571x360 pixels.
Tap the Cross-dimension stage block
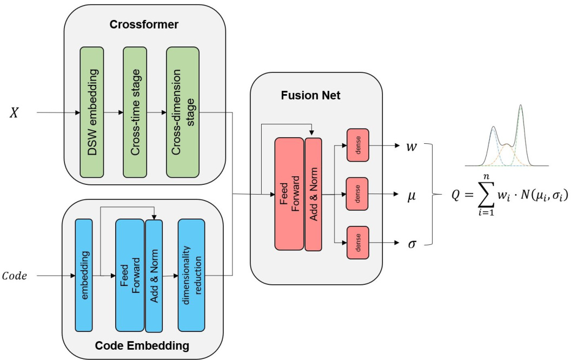pos(183,112)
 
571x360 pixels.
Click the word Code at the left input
pos(18,276)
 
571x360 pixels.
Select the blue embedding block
pos(84,275)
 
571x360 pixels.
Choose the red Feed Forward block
pos(289,194)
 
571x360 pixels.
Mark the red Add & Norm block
pos(313,194)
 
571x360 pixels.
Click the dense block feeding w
pos(357,145)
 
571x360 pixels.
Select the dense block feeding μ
pos(357,193)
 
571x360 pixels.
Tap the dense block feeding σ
pos(357,242)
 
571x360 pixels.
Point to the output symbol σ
pos(412,244)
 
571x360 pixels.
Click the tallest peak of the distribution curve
pos(520,106)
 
